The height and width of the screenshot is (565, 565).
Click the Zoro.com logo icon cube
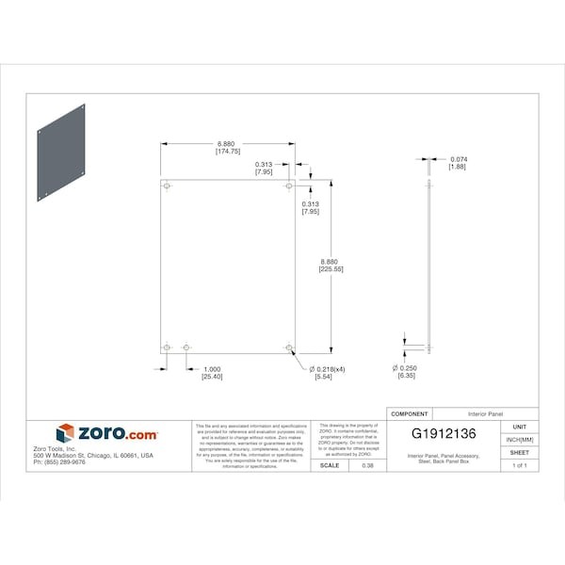click(x=65, y=433)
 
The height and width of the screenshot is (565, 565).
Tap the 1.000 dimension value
click(x=212, y=369)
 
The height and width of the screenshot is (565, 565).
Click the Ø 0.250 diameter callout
click(x=405, y=368)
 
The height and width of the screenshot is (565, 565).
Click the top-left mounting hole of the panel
click(x=167, y=186)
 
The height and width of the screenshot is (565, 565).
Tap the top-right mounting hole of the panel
click(x=289, y=186)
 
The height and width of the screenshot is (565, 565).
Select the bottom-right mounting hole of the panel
click(x=289, y=348)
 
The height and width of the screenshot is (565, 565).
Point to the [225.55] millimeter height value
click(x=331, y=269)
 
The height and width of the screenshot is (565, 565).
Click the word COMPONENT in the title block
click(x=409, y=413)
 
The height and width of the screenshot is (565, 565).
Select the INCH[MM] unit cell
click(x=520, y=440)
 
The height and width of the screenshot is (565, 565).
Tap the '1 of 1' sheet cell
click(x=520, y=465)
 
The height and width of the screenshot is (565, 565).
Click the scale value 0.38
click(x=367, y=465)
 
